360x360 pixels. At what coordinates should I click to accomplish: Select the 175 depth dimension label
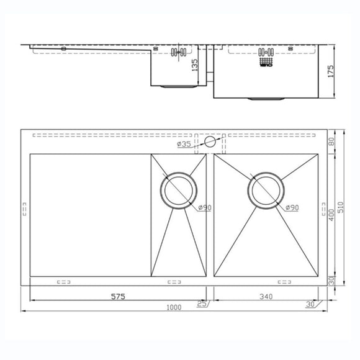coord(331,71)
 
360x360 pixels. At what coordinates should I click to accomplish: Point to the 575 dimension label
coord(118,297)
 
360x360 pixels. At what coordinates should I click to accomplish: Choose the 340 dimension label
coord(265,297)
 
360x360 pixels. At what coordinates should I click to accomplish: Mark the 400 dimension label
coord(331,214)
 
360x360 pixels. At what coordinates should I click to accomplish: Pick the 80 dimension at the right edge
coord(331,142)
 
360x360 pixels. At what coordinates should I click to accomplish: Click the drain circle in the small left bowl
coord(179,189)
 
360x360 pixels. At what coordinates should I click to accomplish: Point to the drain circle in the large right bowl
coord(267,189)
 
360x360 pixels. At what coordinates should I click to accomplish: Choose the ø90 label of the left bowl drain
coord(205,208)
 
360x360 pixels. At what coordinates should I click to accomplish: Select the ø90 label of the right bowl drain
coord(292,208)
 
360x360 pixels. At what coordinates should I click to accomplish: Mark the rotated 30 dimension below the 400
coord(331,281)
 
